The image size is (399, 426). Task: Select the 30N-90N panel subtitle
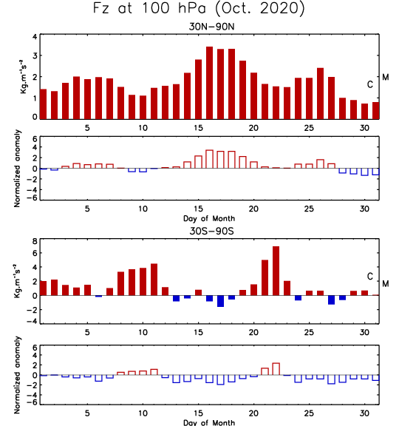[x=211, y=27]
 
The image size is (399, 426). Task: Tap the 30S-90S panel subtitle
[x=211, y=231]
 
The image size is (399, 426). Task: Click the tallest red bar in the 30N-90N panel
[x=210, y=83]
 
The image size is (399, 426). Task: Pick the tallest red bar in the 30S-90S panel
[x=276, y=271]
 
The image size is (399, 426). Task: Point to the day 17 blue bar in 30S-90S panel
[x=220, y=301]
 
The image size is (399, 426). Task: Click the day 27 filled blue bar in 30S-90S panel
[x=331, y=300]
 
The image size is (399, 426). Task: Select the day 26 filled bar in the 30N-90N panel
[x=320, y=93]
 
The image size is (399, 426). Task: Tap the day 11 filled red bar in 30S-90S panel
[x=154, y=280]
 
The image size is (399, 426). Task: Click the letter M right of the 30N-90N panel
[x=386, y=78]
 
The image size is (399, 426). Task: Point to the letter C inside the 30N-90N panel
[x=370, y=85]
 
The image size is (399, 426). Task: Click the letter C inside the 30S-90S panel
[x=370, y=277]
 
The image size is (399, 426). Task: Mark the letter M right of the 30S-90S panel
[x=386, y=284]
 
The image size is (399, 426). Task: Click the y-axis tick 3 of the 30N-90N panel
[x=35, y=55]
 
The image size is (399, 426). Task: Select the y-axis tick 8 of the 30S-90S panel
[x=35, y=241]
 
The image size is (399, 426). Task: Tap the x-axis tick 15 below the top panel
[x=199, y=128]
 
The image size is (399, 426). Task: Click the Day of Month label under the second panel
[x=209, y=218]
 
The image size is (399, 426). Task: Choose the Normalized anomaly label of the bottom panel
[x=17, y=375]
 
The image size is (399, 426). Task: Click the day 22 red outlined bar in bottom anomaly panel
[x=276, y=369]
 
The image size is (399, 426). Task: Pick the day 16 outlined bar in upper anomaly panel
[x=210, y=159]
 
